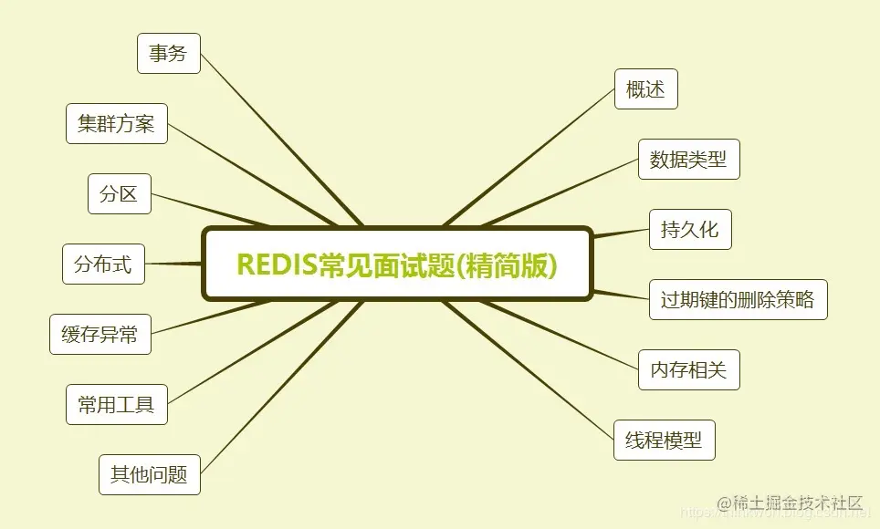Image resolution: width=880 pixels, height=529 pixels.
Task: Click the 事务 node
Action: click(168, 54)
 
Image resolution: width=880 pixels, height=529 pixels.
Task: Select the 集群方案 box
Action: click(117, 123)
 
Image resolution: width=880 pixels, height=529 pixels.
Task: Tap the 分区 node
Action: click(119, 193)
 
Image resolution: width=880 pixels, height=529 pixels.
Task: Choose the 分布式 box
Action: click(103, 264)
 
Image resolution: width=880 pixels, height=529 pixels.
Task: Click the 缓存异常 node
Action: click(100, 334)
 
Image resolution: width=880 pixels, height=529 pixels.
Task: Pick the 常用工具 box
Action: click(117, 404)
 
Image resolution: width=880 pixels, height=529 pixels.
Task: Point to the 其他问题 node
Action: click(149, 474)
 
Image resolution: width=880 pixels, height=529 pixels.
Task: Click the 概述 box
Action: click(646, 89)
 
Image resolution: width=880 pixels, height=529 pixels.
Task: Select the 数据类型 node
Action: click(688, 160)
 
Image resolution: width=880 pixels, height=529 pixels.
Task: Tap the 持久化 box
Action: click(690, 229)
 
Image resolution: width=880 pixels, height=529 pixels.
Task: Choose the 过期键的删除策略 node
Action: click(738, 299)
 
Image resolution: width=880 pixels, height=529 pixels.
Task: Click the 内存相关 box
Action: click(688, 369)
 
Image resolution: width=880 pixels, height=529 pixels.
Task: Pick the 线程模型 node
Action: click(664, 440)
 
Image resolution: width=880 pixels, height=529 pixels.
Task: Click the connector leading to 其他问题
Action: click(274, 392)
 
